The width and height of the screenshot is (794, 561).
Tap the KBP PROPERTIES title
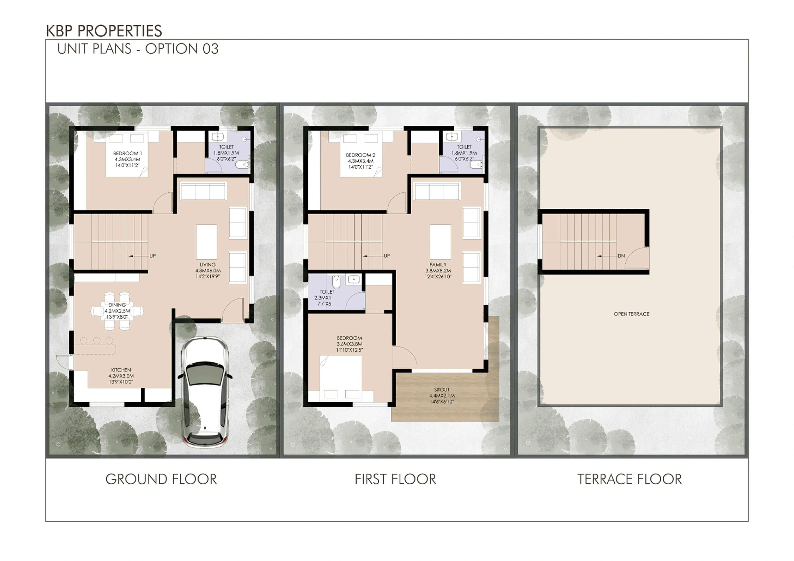click(104, 31)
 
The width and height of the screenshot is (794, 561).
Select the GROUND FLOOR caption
click(161, 479)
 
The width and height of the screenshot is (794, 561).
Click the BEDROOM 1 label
click(128, 153)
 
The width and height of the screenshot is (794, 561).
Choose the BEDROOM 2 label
click(361, 155)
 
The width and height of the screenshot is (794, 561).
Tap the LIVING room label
click(207, 265)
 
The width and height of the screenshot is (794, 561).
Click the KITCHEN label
click(121, 370)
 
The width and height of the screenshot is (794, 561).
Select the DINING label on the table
click(117, 305)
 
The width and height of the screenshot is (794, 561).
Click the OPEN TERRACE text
click(632, 314)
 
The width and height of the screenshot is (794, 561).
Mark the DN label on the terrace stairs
click(621, 256)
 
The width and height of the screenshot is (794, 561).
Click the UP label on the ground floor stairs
click(153, 256)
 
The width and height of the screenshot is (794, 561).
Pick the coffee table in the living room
click(207, 241)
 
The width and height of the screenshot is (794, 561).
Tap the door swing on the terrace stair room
click(637, 258)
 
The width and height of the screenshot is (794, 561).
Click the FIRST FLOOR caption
click(395, 479)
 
